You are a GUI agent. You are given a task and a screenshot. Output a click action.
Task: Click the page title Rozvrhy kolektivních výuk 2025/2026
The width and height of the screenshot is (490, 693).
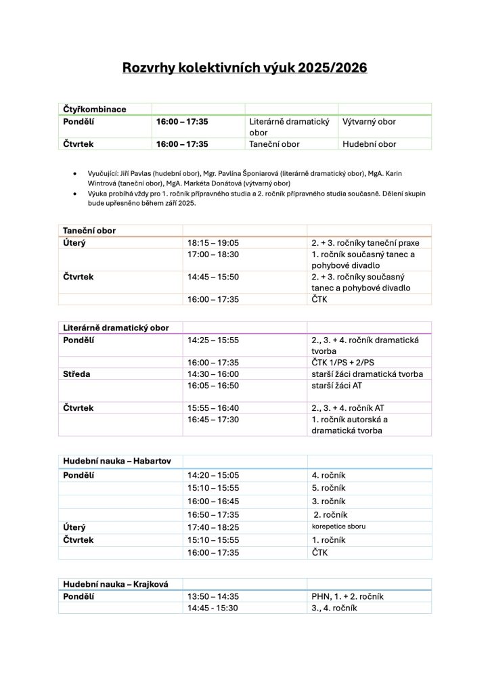click(x=244, y=68)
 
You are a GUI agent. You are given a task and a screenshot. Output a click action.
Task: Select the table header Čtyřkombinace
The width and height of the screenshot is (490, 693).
click(x=95, y=109)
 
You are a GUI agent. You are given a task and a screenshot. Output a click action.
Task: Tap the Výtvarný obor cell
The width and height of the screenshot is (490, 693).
click(x=369, y=122)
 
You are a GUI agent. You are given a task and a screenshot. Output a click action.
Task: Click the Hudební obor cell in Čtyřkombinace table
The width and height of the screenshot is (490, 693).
click(x=369, y=144)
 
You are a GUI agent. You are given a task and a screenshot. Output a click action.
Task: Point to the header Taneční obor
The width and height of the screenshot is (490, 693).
click(x=89, y=231)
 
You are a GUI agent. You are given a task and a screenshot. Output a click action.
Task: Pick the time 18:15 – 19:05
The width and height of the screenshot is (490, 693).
click(x=213, y=243)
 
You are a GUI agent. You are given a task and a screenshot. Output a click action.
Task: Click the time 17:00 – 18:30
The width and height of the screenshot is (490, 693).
click(x=213, y=254)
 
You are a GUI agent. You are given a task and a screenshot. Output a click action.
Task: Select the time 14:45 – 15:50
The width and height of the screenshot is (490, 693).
click(x=213, y=277)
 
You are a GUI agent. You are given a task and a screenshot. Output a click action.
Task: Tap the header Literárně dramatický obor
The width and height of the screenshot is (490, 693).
click(x=116, y=328)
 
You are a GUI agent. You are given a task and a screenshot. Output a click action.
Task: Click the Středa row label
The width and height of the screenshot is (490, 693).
click(x=77, y=374)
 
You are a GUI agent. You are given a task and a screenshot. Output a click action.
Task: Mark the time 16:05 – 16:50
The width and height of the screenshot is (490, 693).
click(x=213, y=385)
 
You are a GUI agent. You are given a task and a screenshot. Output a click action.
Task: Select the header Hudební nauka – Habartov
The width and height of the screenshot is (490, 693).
click(x=117, y=461)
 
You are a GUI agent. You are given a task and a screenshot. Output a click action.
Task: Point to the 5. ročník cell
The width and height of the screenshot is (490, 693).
click(x=329, y=488)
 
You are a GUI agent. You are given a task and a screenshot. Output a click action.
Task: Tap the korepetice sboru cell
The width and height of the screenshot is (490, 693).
click(x=338, y=526)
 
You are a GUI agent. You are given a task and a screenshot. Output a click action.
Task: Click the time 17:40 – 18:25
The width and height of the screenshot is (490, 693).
click(x=213, y=527)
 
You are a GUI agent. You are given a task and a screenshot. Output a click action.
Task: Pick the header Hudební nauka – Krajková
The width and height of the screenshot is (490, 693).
click(x=116, y=584)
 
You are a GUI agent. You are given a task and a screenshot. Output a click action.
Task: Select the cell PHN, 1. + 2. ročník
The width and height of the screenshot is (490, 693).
click(x=348, y=596)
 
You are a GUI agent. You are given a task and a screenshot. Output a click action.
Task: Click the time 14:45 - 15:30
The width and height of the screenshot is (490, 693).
click(x=213, y=608)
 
